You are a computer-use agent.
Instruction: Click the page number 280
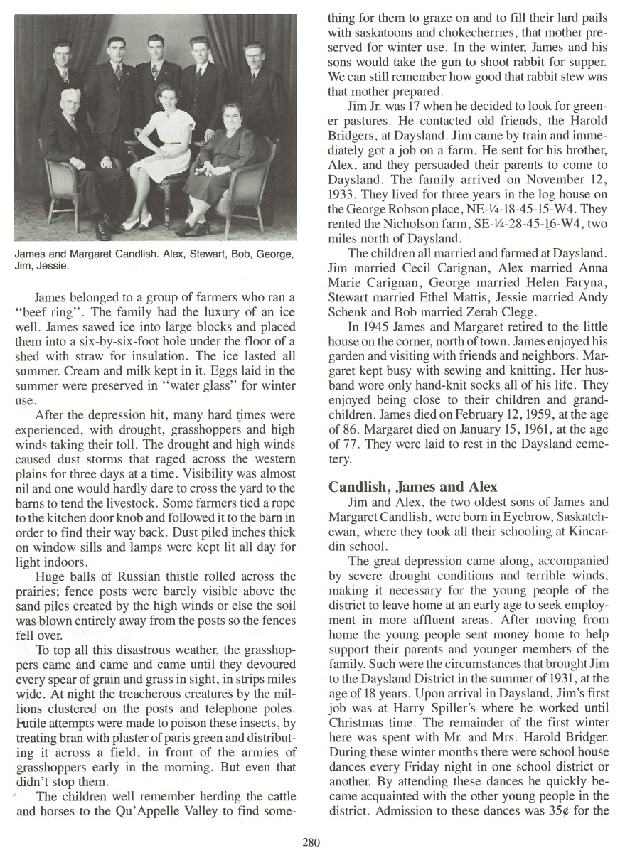(x=311, y=842)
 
